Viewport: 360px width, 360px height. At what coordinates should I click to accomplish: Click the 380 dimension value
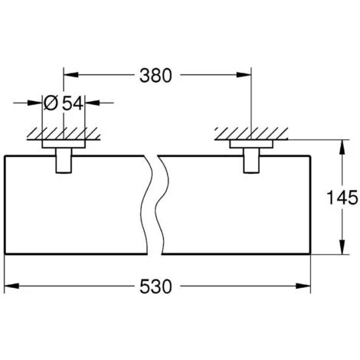click(x=155, y=75)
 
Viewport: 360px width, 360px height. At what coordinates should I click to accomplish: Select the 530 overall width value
click(x=155, y=286)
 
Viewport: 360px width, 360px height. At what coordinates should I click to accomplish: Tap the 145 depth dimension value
click(x=342, y=198)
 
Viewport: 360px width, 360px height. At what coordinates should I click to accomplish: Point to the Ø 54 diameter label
click(x=64, y=103)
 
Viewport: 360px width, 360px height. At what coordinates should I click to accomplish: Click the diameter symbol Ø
click(x=51, y=103)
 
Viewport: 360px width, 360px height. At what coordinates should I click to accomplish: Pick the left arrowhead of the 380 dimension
click(x=70, y=75)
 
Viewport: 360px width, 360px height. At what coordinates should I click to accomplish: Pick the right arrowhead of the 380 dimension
click(x=244, y=75)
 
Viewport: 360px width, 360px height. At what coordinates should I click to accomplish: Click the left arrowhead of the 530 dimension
click(x=11, y=286)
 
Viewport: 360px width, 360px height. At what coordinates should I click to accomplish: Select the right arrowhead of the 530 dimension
click(x=303, y=286)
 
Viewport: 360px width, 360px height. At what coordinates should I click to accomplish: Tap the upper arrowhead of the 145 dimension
click(x=343, y=147)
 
